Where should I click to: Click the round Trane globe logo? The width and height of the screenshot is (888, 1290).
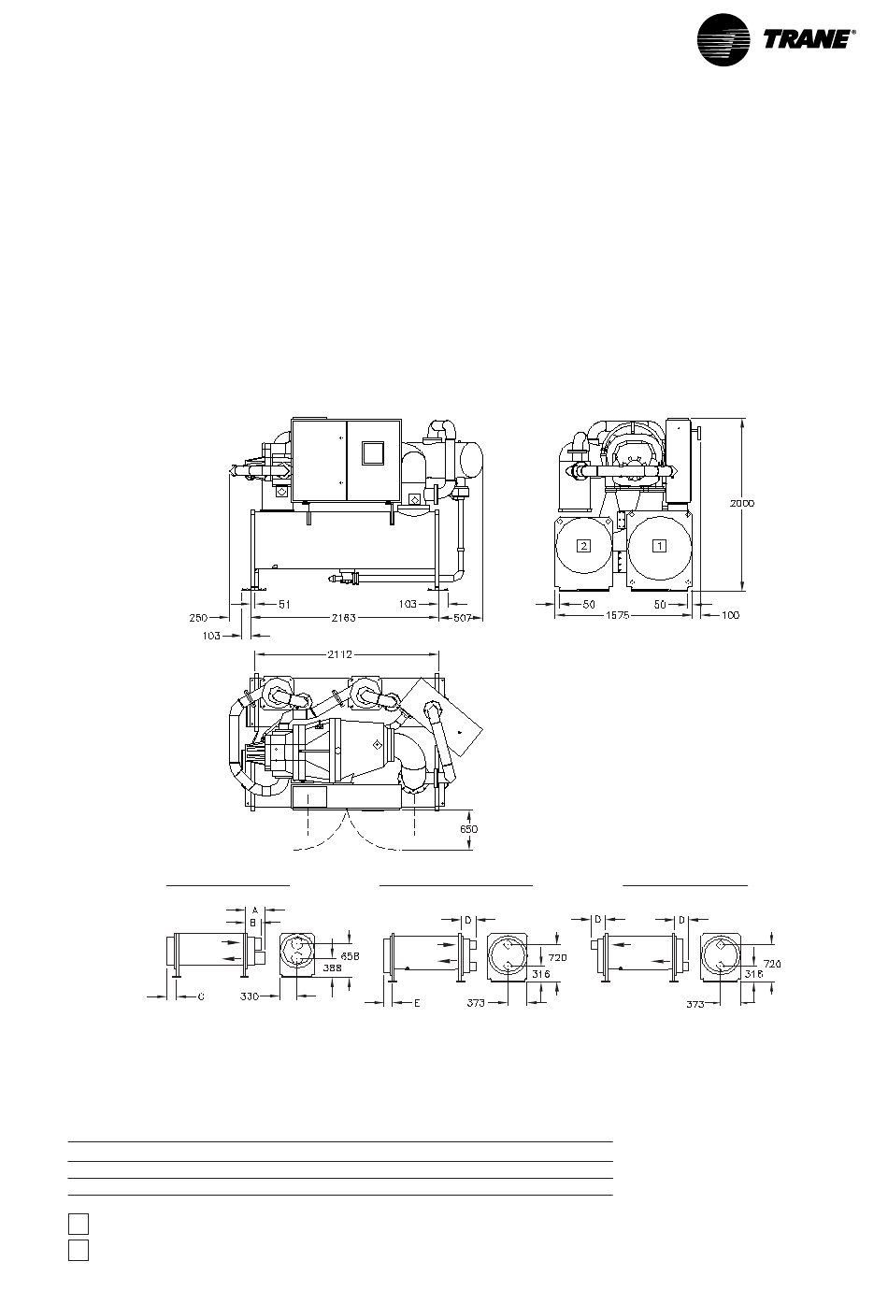tap(723, 40)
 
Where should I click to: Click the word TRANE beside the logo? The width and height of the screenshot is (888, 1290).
tap(806, 40)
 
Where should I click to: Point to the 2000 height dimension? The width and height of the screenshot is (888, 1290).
tap(742, 503)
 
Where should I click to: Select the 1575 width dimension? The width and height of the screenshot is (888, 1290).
tap(618, 616)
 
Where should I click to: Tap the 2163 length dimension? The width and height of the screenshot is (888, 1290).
tap(344, 618)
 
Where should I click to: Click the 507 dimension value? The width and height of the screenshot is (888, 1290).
tap(462, 618)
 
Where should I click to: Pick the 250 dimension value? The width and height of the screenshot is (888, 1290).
tap(199, 618)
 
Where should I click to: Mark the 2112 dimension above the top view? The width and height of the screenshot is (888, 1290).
tap(339, 654)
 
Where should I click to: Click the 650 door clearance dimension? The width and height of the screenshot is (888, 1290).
tap(468, 829)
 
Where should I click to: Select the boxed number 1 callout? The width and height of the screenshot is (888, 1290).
tap(659, 545)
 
